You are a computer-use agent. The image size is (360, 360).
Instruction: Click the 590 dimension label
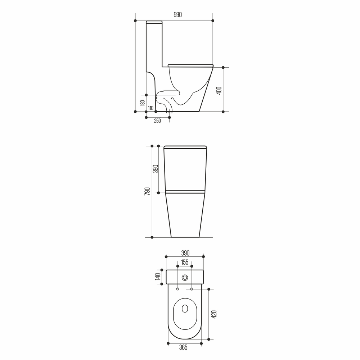click(x=178, y=15)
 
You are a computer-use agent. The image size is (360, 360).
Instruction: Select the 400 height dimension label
click(x=219, y=90)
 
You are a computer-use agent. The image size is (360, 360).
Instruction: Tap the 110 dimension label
click(x=150, y=108)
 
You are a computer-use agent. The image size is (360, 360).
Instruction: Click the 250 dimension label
click(x=157, y=121)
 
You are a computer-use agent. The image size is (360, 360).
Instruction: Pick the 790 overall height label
click(x=147, y=192)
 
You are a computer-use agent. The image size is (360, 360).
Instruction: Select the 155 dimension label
click(x=185, y=262)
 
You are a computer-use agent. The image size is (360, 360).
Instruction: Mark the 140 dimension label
click(x=157, y=277)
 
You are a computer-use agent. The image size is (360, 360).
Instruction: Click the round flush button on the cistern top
click(x=185, y=277)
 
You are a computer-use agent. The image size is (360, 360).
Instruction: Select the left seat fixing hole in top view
click(x=178, y=289)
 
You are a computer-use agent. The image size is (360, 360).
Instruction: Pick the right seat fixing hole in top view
click(x=192, y=289)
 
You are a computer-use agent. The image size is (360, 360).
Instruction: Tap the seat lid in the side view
click(x=190, y=65)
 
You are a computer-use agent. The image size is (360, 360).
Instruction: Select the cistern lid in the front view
click(x=185, y=147)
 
